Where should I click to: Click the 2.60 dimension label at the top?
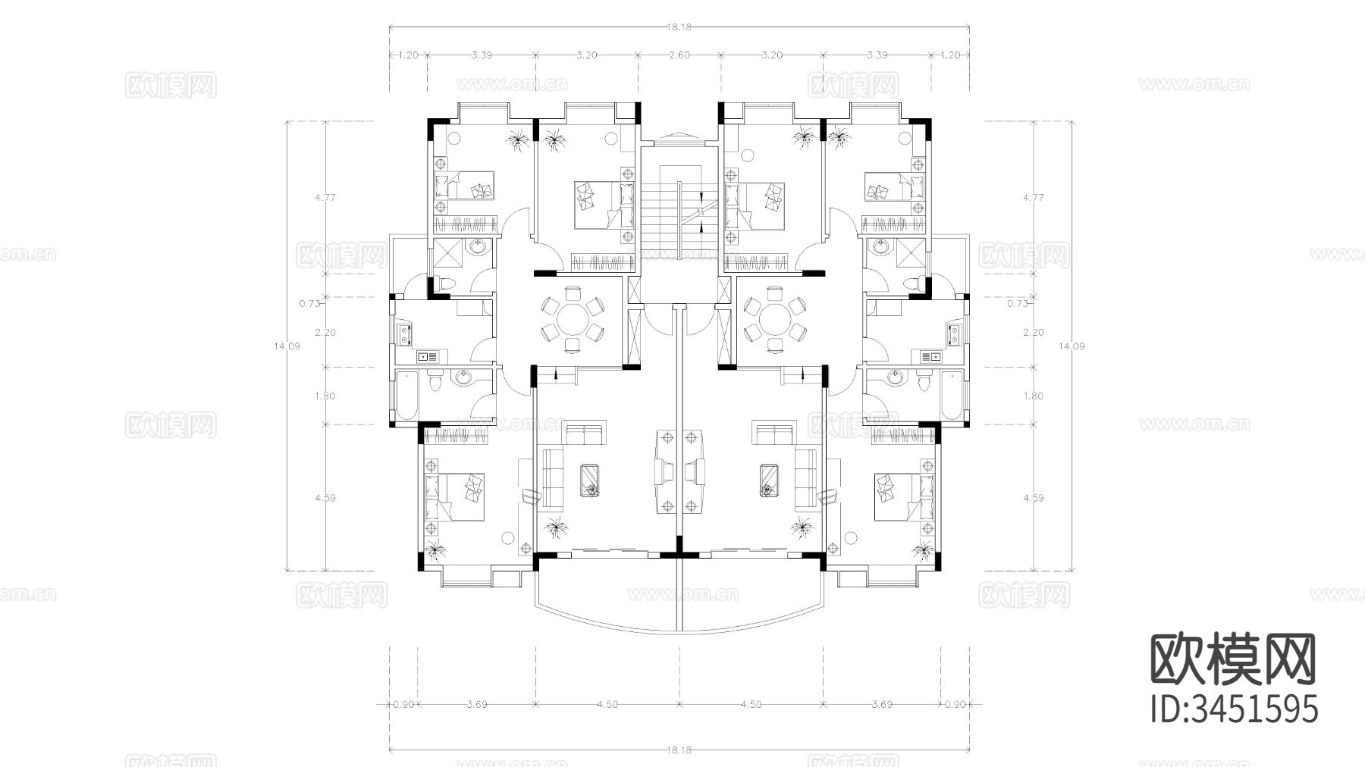click(679, 55)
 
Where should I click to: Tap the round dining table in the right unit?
click(774, 319)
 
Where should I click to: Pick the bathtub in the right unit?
click(952, 396)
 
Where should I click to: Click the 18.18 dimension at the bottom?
click(679, 750)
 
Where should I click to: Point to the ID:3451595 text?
click(1235, 710)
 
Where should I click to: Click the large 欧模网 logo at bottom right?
click(1233, 659)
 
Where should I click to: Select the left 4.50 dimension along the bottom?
click(607, 704)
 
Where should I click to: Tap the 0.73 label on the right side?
click(1017, 303)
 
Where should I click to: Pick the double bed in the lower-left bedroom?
click(457, 496)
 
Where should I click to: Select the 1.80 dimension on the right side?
click(1033, 396)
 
